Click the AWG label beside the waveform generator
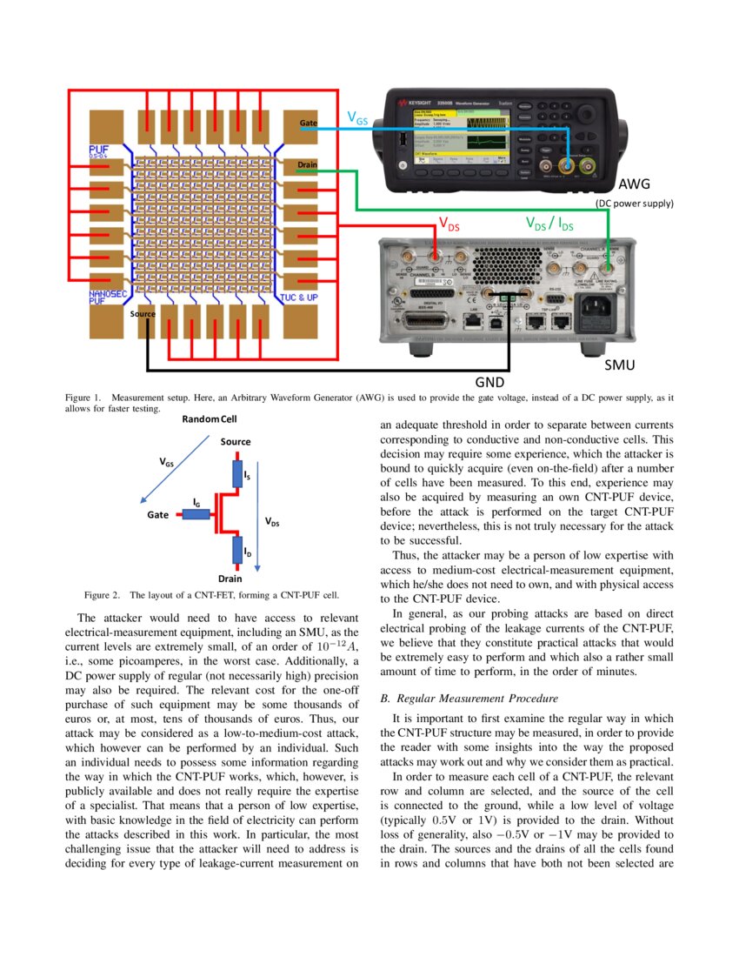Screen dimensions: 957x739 [634, 184]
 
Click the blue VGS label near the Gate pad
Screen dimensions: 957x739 [357, 117]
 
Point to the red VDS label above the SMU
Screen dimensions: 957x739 [448, 224]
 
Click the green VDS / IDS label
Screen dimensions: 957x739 [549, 224]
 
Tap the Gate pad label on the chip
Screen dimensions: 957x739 [308, 124]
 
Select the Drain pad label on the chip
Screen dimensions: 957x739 [307, 165]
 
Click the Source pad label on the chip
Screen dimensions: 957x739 [143, 313]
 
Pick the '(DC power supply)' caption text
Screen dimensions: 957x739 [634, 204]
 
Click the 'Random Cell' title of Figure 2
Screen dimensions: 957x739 [209, 419]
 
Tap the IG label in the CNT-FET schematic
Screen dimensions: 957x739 [196, 503]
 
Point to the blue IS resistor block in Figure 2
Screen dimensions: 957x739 [236, 474]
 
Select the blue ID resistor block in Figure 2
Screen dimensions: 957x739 [236, 550]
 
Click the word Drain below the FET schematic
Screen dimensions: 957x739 [230, 578]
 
